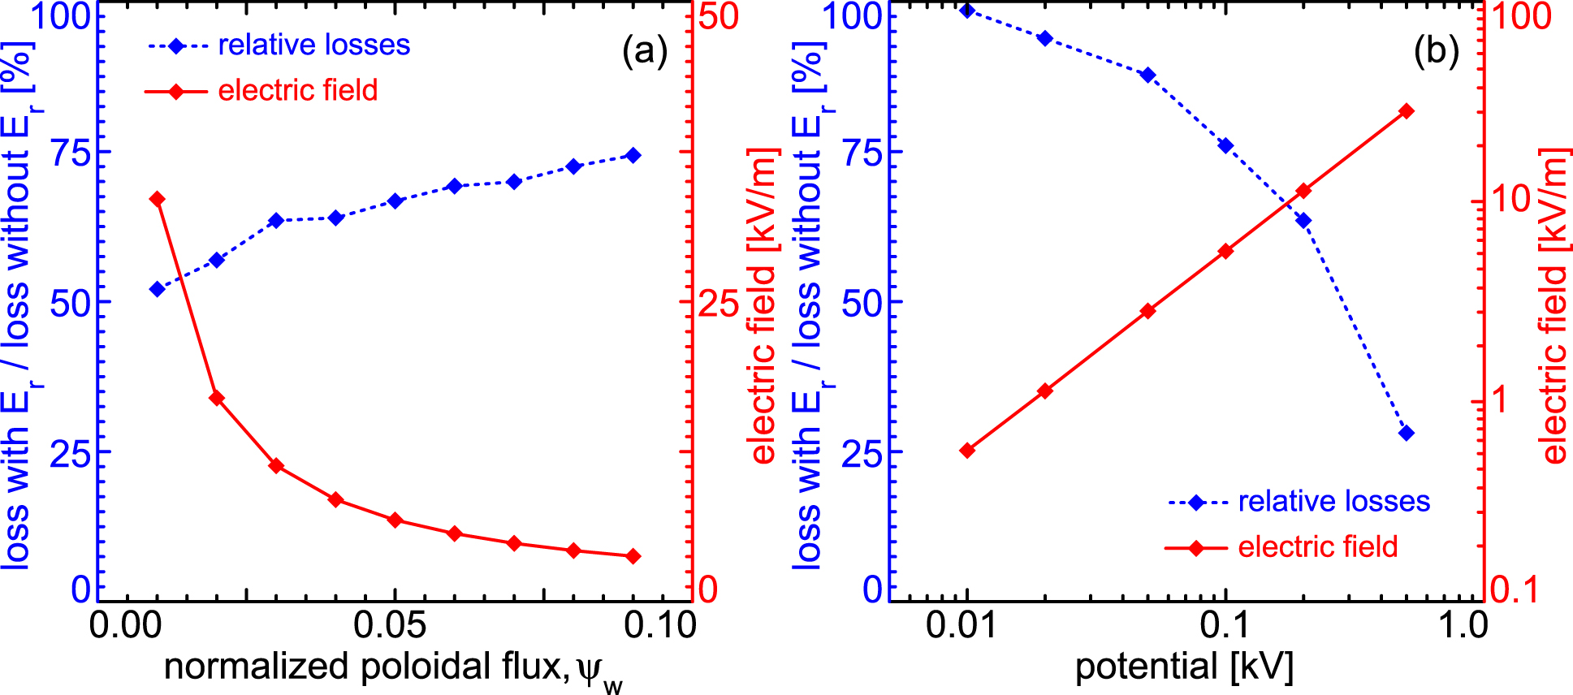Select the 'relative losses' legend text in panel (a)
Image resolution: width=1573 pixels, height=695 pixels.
(313, 45)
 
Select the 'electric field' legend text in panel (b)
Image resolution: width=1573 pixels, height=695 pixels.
(1317, 547)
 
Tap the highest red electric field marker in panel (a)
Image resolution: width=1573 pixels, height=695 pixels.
(158, 199)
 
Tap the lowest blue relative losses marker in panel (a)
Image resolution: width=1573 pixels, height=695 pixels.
(158, 289)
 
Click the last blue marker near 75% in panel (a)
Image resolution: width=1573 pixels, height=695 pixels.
(633, 155)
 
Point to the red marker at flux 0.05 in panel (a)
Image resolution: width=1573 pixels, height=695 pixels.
(395, 520)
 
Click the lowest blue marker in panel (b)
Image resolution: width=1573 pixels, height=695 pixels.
(1407, 433)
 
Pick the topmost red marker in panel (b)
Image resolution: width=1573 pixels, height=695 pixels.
(1407, 111)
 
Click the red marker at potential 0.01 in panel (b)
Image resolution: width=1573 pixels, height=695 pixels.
(966, 451)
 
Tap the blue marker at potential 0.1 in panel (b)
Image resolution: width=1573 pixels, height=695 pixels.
(1225, 145)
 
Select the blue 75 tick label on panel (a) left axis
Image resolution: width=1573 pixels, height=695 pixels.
(71, 153)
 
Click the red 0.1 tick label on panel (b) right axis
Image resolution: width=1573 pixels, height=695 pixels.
(1515, 589)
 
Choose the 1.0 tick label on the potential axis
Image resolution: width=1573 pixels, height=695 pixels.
(1463, 626)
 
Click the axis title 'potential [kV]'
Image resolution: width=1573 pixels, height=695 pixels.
(1184, 667)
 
